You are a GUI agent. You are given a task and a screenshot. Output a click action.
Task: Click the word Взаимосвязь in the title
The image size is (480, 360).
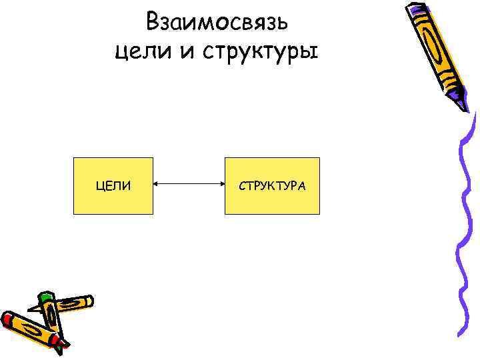pyautogui.click(x=217, y=22)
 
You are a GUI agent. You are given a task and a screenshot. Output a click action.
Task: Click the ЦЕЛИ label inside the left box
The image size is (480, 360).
pyautogui.click(x=113, y=186)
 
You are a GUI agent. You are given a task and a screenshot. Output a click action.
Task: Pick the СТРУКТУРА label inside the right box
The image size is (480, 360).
pyautogui.click(x=272, y=186)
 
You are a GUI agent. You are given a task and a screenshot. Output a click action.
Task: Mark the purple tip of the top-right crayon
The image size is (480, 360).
pyautogui.click(x=465, y=105)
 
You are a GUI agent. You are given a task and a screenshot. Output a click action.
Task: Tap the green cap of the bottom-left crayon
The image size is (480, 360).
pyautogui.click(x=45, y=297)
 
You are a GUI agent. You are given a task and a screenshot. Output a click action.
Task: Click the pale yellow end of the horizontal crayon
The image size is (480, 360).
pyautogui.click(x=87, y=301)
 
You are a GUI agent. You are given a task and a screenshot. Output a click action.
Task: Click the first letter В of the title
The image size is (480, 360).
pyautogui.click(x=153, y=22)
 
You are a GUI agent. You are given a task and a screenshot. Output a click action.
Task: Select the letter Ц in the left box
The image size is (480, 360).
pyautogui.click(x=101, y=186)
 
